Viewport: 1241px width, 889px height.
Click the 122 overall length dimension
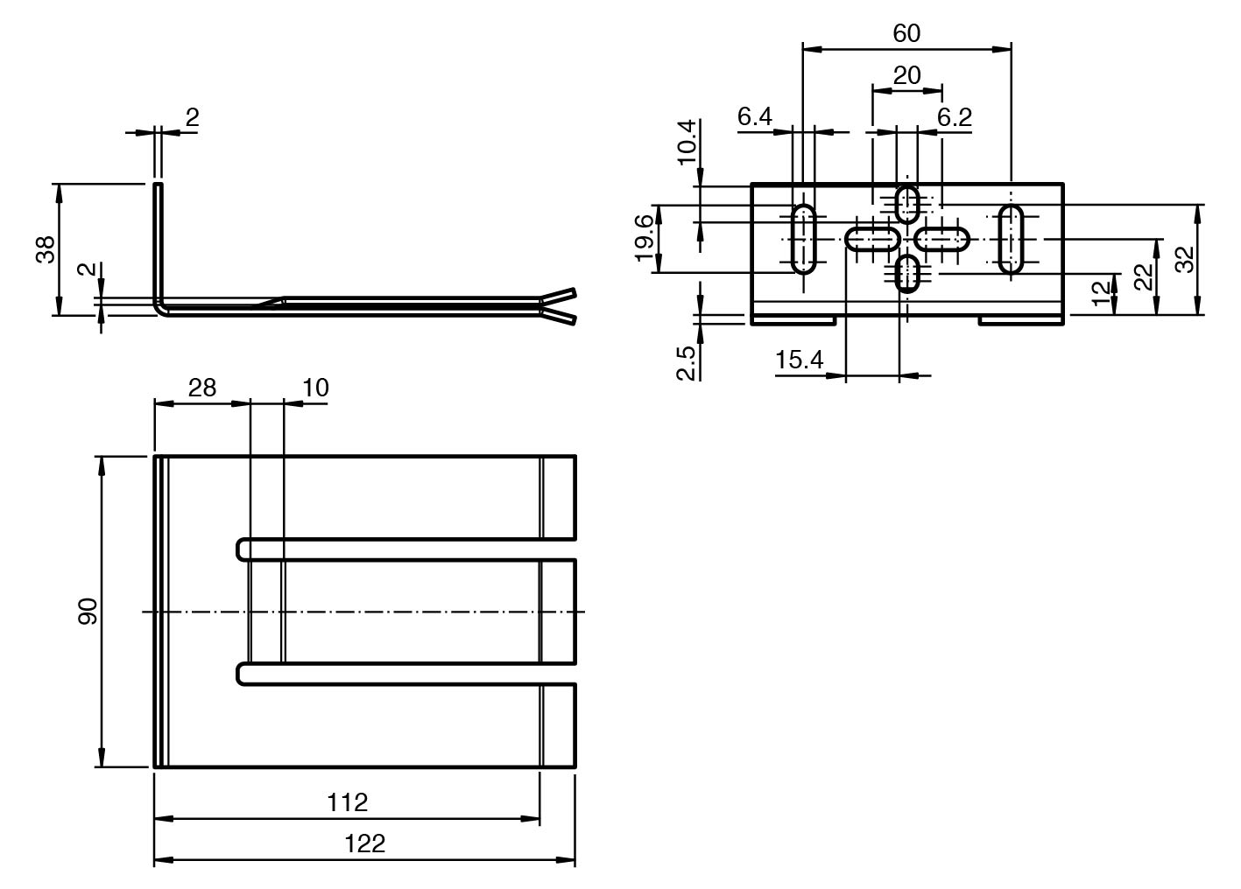pos(365,843)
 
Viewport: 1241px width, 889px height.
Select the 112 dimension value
pos(348,801)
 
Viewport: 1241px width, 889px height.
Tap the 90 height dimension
pos(88,612)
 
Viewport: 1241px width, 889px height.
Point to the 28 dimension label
pos(202,387)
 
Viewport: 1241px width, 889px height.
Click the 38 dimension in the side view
pos(46,249)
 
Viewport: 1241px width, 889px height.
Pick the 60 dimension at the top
pos(906,33)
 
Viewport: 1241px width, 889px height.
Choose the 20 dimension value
pos(907,75)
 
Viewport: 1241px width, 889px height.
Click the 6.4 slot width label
pos(754,116)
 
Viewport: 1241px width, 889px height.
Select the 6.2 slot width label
pos(955,116)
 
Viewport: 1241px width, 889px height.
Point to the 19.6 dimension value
pos(644,237)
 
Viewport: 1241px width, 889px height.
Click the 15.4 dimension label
pos(799,359)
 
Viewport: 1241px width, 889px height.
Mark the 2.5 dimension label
pos(687,362)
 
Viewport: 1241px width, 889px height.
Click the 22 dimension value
pos(1143,276)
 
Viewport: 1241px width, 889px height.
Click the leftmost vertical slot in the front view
pos(804,238)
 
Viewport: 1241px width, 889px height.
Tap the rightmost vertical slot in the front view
pos(1012,238)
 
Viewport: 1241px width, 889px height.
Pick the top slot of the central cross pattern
pos(908,203)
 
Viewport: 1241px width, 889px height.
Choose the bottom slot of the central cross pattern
pos(908,272)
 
